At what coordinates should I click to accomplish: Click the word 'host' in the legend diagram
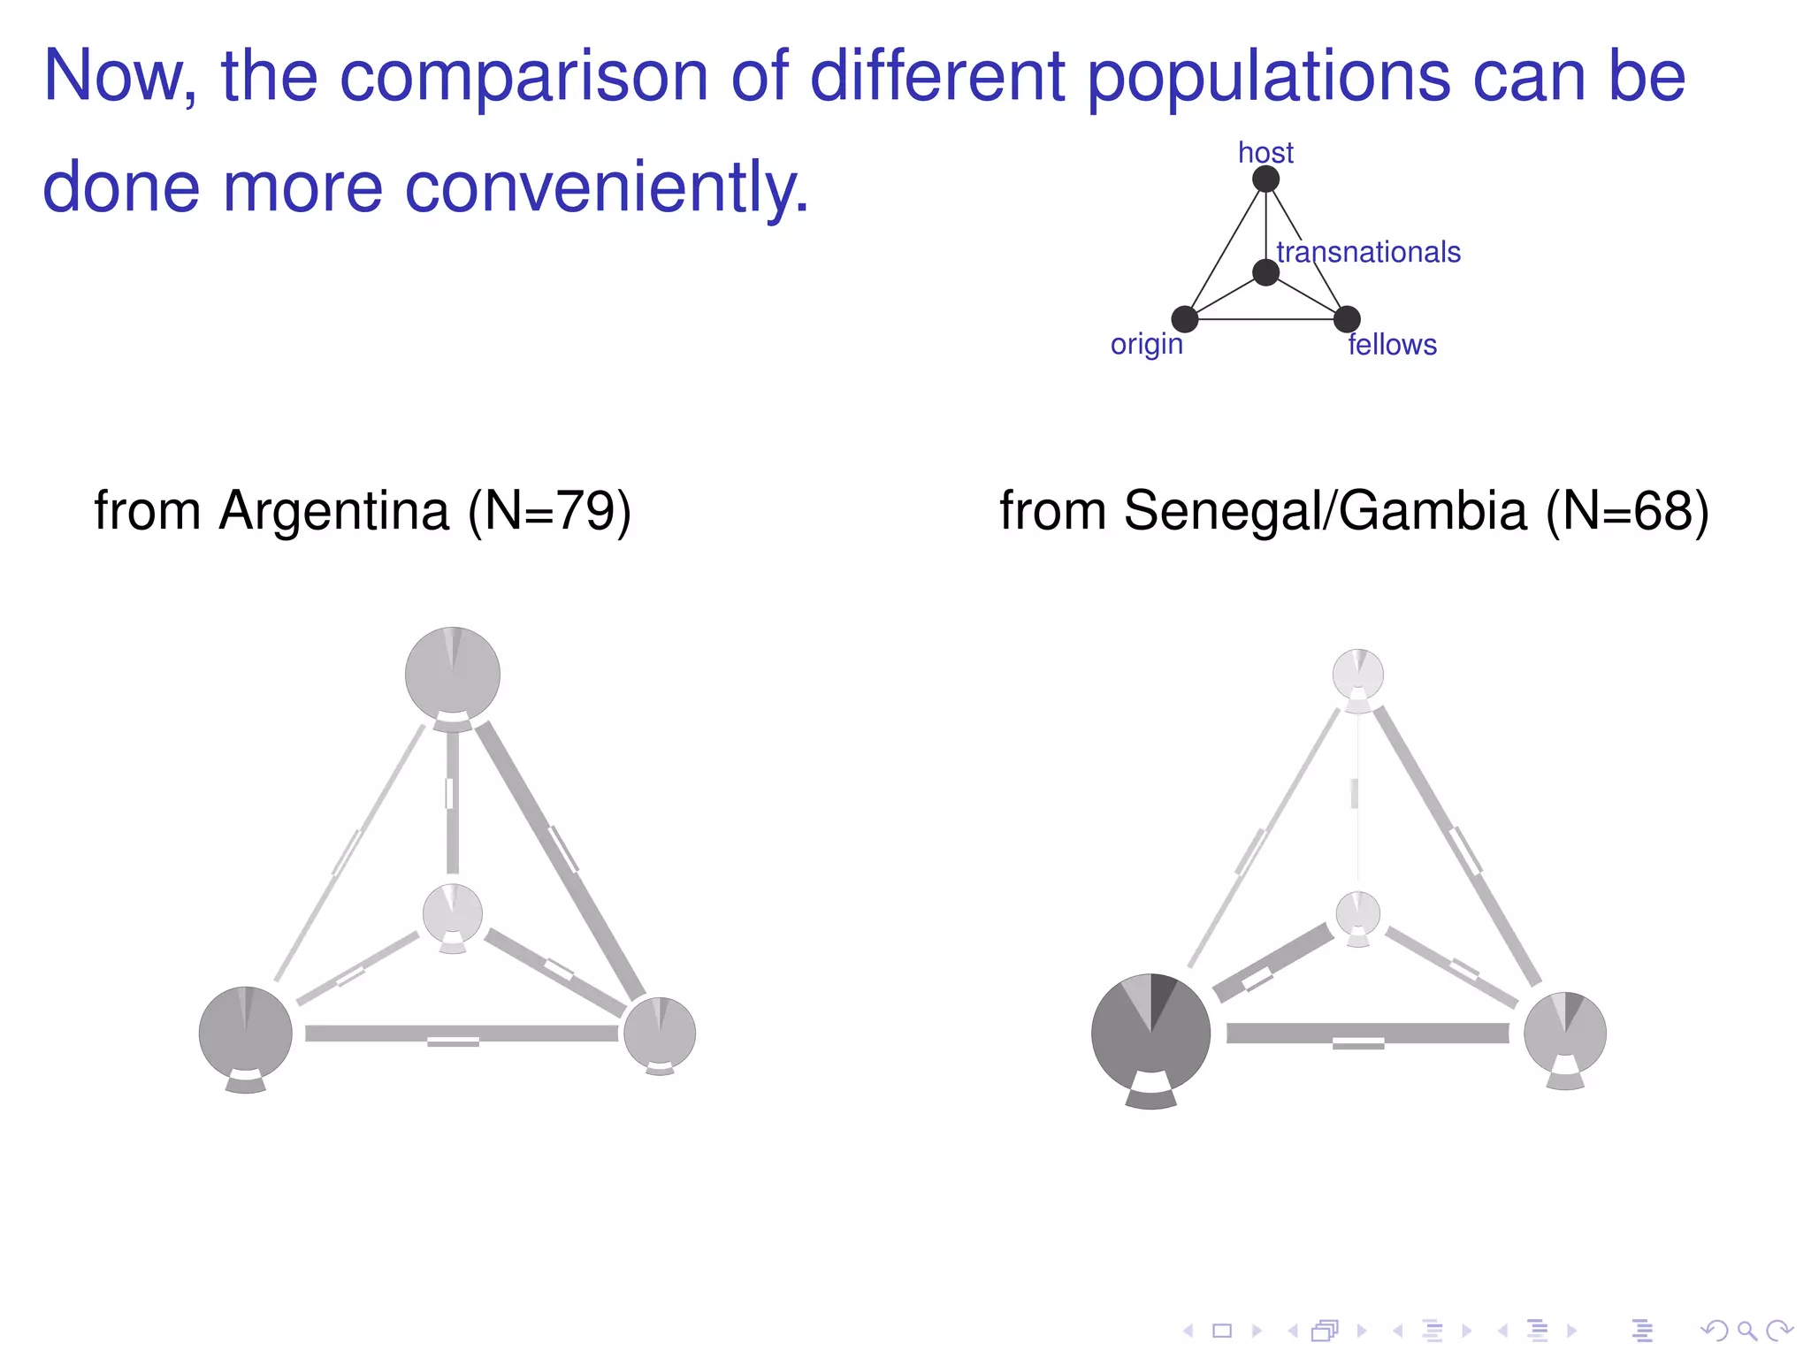(x=1265, y=153)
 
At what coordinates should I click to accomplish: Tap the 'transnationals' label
(x=1368, y=253)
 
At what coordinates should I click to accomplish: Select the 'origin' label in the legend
(x=1146, y=344)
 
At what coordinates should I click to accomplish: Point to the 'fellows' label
(x=1392, y=345)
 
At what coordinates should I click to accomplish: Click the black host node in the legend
(x=1265, y=179)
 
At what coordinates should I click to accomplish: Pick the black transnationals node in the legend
(x=1265, y=272)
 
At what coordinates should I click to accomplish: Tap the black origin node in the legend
(x=1184, y=319)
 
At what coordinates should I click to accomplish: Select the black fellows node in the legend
(x=1347, y=319)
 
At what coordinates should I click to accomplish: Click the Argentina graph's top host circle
(x=453, y=674)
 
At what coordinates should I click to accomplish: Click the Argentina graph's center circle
(x=453, y=913)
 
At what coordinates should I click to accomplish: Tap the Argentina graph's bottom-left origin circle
(x=246, y=1032)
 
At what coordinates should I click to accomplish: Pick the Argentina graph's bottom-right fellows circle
(x=660, y=1033)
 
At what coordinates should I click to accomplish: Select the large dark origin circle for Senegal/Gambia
(x=1150, y=1033)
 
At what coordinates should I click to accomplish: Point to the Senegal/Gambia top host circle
(x=1358, y=675)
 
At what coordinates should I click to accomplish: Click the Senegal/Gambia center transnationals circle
(x=1358, y=913)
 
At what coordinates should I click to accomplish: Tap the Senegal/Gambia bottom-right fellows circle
(x=1565, y=1033)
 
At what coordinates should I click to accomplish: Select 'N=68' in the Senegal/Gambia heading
(x=1626, y=511)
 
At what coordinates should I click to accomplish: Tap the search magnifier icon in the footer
(x=1746, y=1331)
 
